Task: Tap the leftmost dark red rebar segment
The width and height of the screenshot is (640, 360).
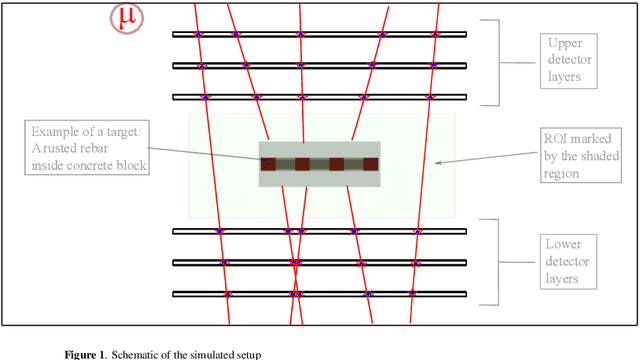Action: [x=268, y=164]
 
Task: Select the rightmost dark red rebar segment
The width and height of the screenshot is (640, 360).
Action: [x=370, y=164]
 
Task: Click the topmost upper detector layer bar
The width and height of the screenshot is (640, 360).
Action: [x=319, y=35]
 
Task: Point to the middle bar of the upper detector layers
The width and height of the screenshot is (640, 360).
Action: [x=319, y=66]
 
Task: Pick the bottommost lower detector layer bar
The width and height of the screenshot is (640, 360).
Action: [x=319, y=294]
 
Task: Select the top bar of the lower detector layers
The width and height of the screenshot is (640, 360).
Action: [x=319, y=232]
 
